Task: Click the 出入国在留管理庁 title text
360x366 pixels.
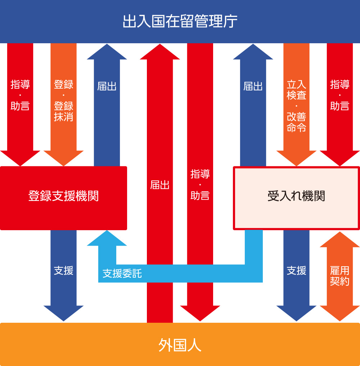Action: (180, 21)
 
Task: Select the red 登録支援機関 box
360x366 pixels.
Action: (63, 197)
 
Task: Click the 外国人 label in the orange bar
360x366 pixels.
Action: (180, 345)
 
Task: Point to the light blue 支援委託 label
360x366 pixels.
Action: (122, 274)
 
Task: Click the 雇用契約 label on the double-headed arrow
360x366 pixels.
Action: (339, 276)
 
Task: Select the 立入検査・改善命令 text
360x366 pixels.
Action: (296, 106)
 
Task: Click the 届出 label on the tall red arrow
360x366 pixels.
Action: (160, 185)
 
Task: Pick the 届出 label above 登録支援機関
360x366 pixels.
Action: (107, 86)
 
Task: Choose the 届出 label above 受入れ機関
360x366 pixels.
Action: (253, 86)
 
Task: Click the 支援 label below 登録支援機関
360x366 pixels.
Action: (63, 271)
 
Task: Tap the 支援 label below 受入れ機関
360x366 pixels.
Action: (296, 271)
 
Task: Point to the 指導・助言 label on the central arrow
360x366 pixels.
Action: (200, 185)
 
